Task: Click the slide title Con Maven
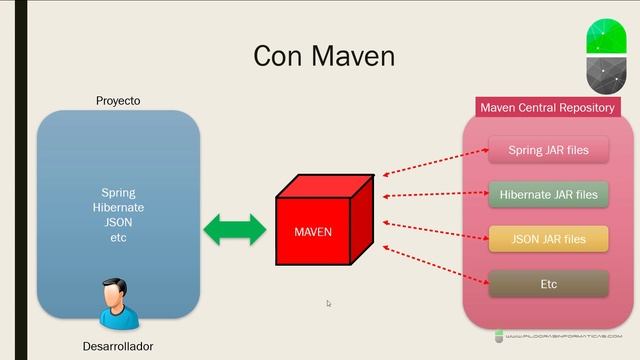[x=323, y=55]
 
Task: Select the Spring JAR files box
[x=548, y=151]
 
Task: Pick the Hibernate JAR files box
[x=548, y=194]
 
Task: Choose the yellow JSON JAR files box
[x=548, y=239]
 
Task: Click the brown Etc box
[x=548, y=284]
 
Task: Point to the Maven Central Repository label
[x=547, y=107]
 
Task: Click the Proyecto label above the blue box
[x=118, y=101]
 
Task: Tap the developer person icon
[x=119, y=303]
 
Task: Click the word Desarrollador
[x=119, y=346]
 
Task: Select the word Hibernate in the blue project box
[x=118, y=207]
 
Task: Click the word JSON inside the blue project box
[x=118, y=222]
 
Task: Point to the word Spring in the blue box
[x=118, y=192]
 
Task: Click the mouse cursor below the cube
[x=329, y=303]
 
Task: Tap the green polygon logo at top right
[x=605, y=36]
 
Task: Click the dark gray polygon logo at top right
[x=605, y=75]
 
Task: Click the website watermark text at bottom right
[x=569, y=336]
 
